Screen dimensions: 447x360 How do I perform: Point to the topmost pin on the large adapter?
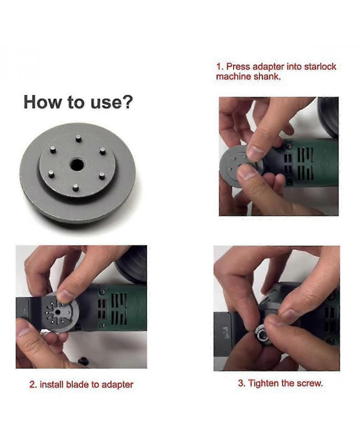click(x=77, y=138)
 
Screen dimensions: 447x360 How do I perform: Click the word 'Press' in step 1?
click(x=238, y=67)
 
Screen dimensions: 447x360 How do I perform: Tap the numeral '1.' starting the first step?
click(x=220, y=67)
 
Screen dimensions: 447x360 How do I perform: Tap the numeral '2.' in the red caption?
click(x=32, y=384)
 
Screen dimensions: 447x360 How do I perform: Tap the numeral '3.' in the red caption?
click(x=241, y=383)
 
